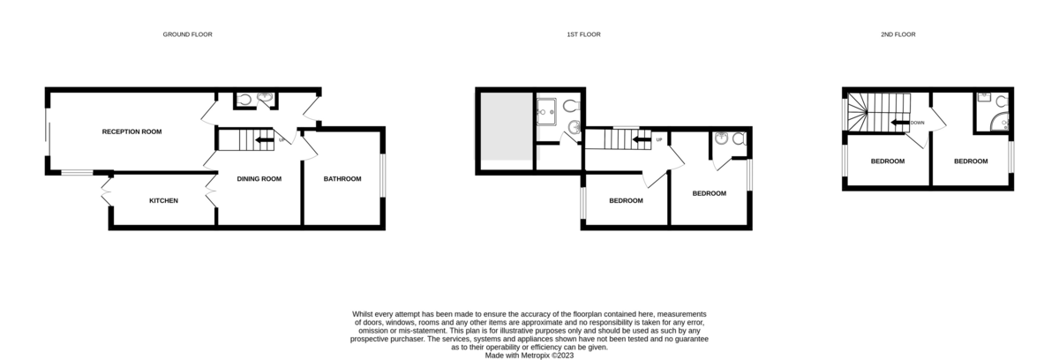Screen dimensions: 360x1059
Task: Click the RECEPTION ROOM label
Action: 131,131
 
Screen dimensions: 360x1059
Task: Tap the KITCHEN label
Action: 163,200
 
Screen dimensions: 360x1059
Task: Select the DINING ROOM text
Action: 259,179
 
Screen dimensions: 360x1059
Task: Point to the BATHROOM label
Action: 342,179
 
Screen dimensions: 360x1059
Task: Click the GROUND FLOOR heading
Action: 187,34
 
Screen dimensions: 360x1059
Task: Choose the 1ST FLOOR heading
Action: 584,34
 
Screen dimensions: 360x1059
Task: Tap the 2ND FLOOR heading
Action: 898,34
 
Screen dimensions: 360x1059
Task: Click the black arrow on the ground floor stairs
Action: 264,139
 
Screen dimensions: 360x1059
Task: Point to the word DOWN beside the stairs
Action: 918,123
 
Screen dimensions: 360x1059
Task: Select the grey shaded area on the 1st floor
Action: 506,127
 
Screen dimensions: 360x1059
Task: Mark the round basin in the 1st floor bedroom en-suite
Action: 722,138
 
